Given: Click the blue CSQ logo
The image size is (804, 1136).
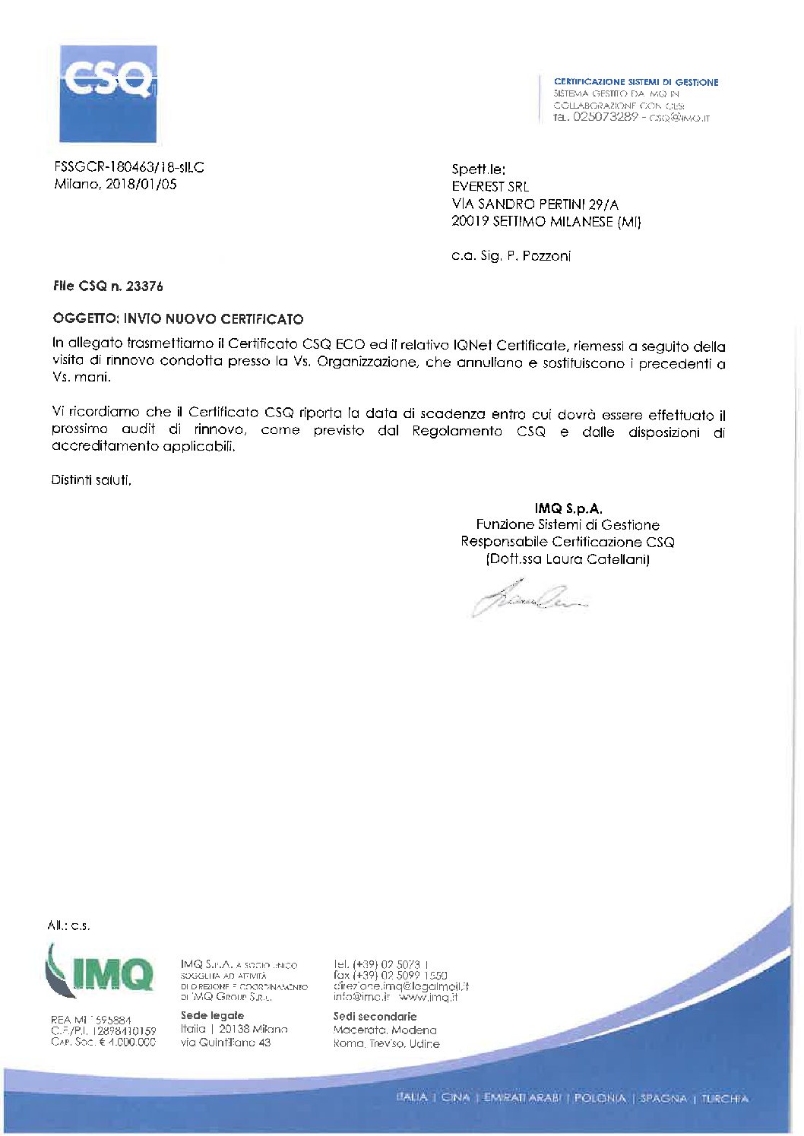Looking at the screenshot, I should point(108,93).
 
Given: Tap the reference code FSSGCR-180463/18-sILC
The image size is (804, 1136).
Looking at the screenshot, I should point(129,167).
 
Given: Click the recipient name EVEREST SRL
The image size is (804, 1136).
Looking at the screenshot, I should point(490,187).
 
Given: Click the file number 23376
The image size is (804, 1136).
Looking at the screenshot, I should point(144,286).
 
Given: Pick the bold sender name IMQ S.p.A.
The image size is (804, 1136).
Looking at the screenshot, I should point(568,508).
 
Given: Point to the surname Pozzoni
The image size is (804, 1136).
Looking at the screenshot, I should point(546,256).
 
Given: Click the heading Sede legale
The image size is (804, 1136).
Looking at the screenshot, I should point(212,1016).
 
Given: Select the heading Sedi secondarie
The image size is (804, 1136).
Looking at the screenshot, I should point(375,1017).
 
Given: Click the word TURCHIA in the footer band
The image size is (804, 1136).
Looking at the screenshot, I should point(724,1099).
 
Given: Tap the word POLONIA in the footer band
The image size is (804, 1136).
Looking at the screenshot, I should point(600,1099).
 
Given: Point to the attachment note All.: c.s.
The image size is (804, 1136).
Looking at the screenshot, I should point(68,926).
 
